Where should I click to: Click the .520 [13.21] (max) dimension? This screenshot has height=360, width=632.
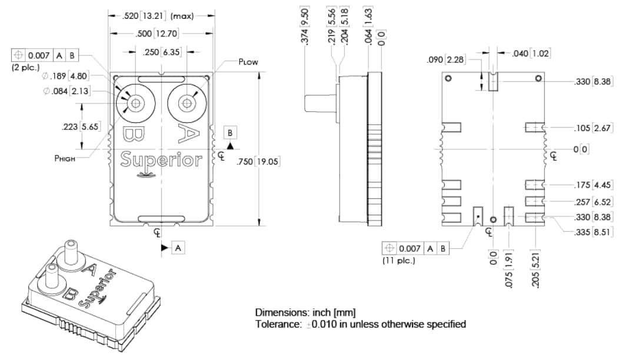(158, 16)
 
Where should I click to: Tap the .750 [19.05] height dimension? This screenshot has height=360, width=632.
(257, 162)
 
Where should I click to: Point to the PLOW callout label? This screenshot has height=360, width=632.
(248, 62)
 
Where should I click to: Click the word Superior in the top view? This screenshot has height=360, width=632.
(161, 159)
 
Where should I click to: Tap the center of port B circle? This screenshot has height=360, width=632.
(137, 103)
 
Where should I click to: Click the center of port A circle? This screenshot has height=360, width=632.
(187, 103)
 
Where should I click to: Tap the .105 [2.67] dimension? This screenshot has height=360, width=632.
(593, 128)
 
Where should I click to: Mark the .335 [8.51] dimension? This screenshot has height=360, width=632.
(593, 232)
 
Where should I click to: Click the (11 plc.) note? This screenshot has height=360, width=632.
(399, 260)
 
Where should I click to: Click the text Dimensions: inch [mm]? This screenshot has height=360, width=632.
(305, 312)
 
